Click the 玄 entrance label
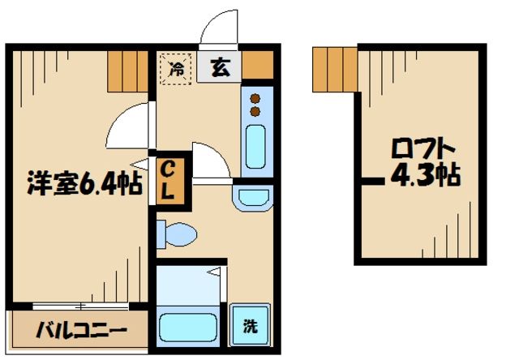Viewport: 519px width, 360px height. point(221,67)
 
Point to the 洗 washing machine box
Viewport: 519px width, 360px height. point(251,327)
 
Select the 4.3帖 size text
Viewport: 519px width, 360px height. point(427,174)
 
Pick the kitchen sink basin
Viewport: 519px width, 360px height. point(255,147)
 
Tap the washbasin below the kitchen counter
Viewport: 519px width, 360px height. point(253,196)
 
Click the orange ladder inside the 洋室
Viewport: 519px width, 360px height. point(127,71)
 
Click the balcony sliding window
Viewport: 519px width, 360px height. point(80,306)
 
